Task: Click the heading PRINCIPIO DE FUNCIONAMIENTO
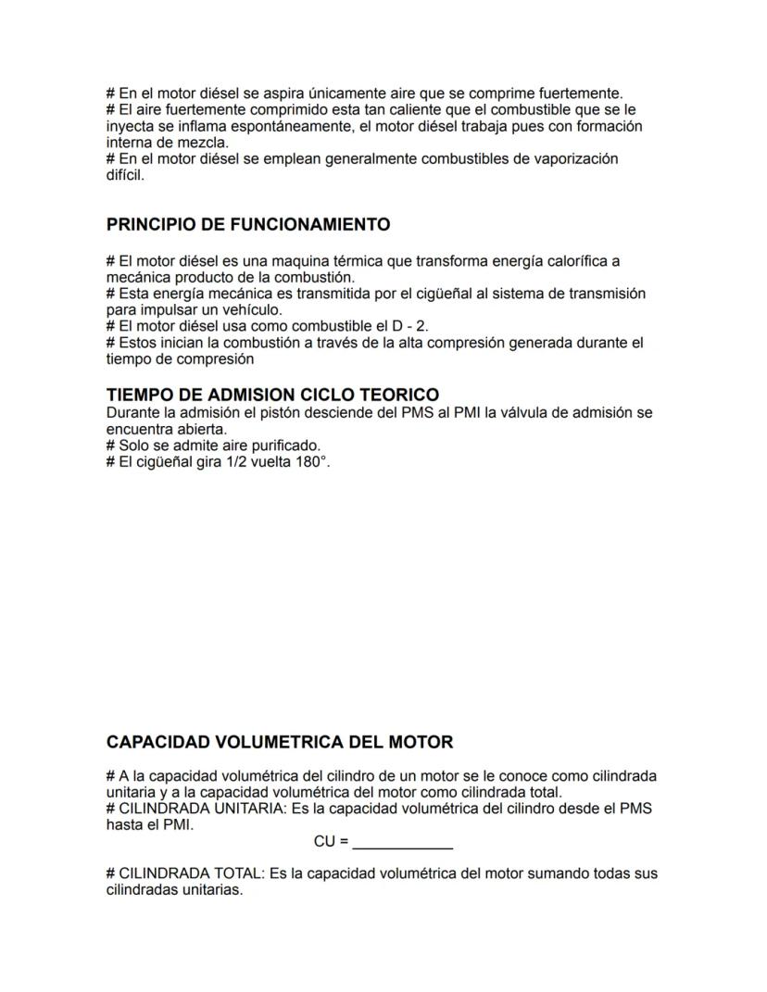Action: click(x=248, y=225)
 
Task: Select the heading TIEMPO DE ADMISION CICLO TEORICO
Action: click(x=272, y=396)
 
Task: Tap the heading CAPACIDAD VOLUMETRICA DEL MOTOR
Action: click(x=280, y=743)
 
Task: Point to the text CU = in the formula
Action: click(x=331, y=842)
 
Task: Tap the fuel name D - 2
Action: click(x=410, y=326)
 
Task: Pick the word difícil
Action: click(x=125, y=175)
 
